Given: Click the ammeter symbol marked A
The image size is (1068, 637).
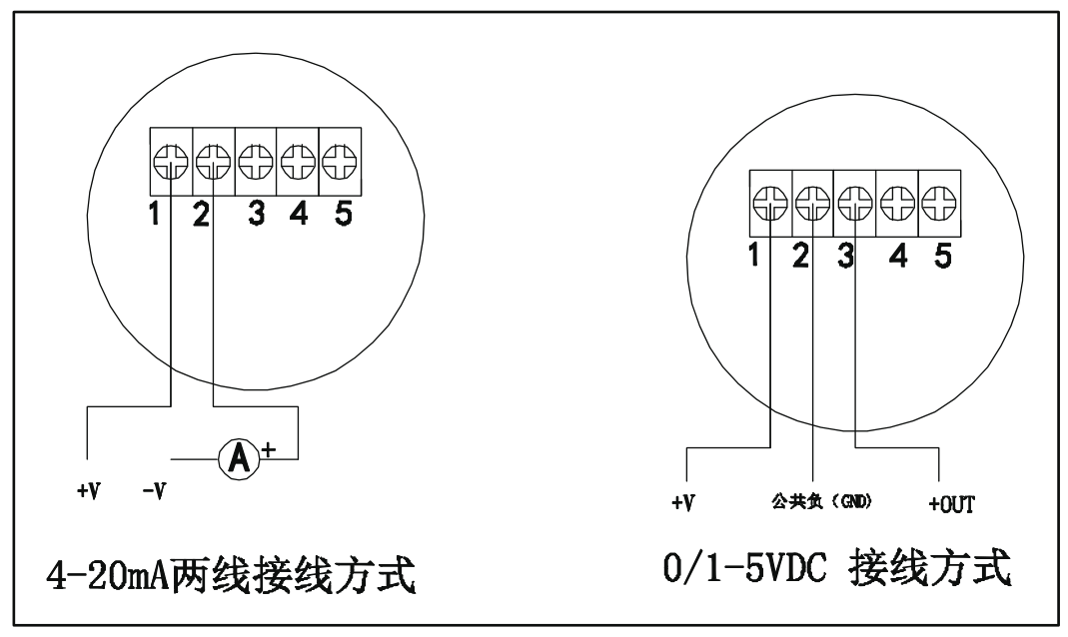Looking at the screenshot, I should click(239, 459).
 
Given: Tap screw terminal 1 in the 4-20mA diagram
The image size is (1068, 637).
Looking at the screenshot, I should click(171, 160).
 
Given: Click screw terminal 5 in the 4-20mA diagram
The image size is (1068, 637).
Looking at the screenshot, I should click(340, 160).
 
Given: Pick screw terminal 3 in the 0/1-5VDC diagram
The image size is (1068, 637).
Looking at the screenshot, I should click(854, 204).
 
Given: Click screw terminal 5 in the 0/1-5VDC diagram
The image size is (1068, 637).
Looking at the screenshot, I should click(938, 204).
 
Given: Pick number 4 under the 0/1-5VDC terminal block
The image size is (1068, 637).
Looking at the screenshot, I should click(898, 257).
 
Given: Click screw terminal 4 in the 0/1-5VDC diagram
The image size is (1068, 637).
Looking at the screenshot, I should click(896, 204).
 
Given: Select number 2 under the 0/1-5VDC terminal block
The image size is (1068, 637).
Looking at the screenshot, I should click(799, 257).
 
